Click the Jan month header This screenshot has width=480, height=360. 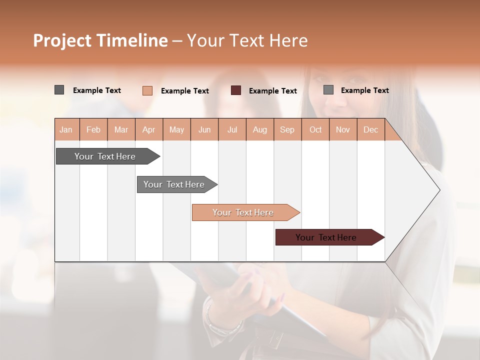[66, 129]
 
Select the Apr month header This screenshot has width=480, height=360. [148, 129]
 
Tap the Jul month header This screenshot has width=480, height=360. [232, 129]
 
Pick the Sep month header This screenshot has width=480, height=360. [287, 129]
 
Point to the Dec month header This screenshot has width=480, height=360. [370, 129]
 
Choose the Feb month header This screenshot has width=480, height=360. [93, 129]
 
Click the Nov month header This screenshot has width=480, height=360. [342, 129]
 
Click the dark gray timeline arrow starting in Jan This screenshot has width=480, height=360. [105, 156]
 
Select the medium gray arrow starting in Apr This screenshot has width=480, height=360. [174, 184]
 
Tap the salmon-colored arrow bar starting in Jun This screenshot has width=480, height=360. [243, 212]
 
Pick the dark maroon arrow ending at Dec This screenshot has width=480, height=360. [326, 237]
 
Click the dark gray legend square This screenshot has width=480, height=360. [59, 90]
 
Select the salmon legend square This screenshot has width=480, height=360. [147, 90]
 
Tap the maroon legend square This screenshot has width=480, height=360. [236, 90]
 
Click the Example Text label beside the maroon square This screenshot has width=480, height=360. [272, 91]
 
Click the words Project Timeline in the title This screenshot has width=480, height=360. [100, 40]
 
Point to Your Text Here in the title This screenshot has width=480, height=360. [247, 40]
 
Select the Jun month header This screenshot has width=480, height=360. [204, 129]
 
